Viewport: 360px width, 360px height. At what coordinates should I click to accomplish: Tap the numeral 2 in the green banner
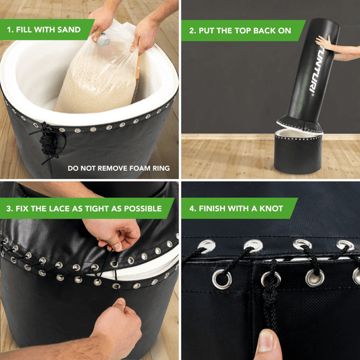click(x=192, y=30)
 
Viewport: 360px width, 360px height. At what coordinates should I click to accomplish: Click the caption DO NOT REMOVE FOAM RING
click(x=118, y=168)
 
